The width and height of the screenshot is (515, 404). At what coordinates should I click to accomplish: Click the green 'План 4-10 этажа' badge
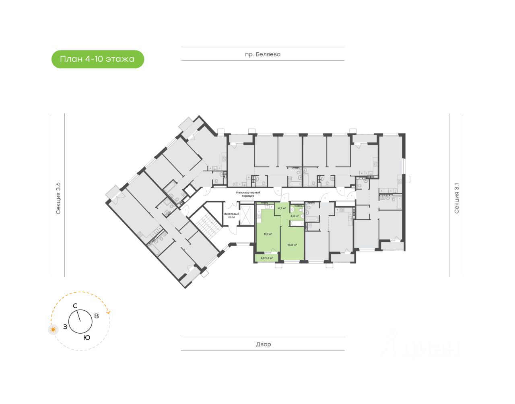tap(97, 59)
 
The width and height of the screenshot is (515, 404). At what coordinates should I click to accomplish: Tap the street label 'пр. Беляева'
tap(263, 54)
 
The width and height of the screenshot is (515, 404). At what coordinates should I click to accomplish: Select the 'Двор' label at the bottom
tap(263, 344)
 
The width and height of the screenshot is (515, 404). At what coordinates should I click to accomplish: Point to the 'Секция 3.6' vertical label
tap(58, 198)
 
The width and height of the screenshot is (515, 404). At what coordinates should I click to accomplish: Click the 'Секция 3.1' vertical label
tap(456, 198)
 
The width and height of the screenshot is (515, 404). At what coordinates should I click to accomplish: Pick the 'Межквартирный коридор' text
tap(248, 194)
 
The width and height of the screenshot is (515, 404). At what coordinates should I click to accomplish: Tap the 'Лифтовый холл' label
tap(231, 215)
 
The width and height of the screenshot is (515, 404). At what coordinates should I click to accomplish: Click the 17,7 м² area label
tap(268, 234)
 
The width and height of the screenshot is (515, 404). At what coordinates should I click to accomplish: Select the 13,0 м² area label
tap(292, 245)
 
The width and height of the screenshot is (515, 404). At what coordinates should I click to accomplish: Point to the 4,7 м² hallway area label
tap(282, 208)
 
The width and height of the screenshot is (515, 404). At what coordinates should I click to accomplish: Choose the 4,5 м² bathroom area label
tap(295, 216)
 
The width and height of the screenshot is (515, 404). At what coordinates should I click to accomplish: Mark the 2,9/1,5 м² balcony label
tap(266, 258)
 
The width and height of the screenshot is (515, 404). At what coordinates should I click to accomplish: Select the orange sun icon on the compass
tap(53, 330)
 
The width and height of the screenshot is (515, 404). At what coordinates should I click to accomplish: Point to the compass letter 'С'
tap(75, 306)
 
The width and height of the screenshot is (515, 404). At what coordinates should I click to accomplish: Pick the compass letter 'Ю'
tap(87, 338)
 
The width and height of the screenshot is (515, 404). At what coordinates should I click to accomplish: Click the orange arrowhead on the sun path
tap(108, 312)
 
